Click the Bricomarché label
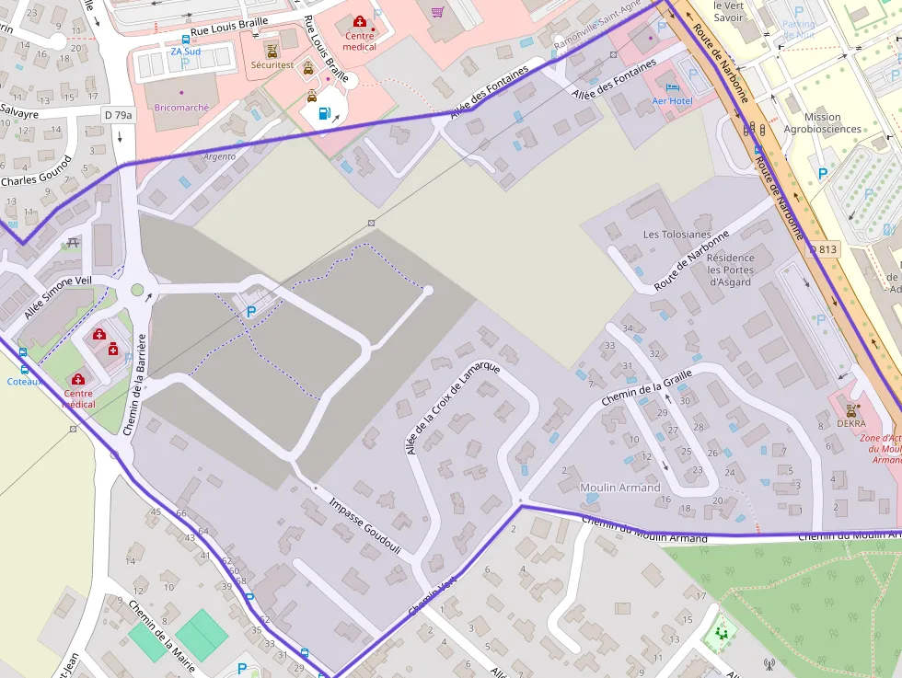[181, 108]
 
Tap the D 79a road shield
[118, 115]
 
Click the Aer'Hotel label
[672, 100]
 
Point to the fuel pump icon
[323, 114]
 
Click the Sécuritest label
[272, 65]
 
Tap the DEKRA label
[851, 424]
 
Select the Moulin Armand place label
[619, 487]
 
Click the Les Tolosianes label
[677, 235]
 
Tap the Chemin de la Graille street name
[646, 388]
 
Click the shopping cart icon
[437, 11]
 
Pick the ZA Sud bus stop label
[185, 52]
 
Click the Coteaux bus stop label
[24, 381]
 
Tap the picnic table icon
[73, 243]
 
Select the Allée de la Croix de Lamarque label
[452, 407]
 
